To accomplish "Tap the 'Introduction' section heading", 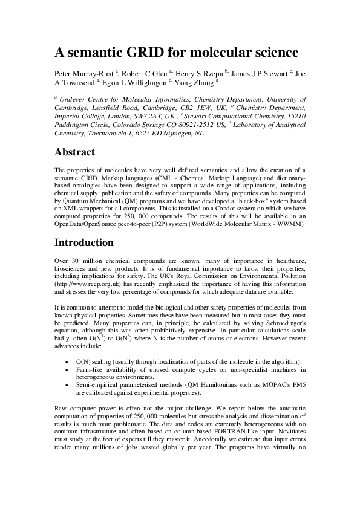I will tap(84, 243).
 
